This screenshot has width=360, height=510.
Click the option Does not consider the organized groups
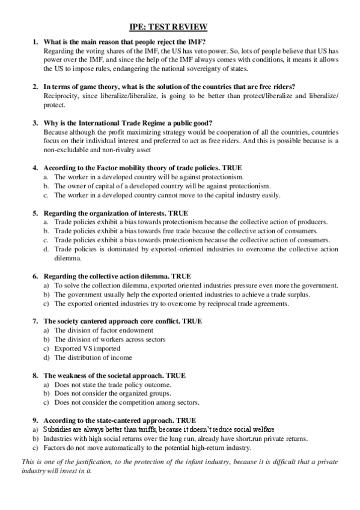pos(112,393)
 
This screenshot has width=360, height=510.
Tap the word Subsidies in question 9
pos(59,429)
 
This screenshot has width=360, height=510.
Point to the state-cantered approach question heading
pos(120,420)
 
